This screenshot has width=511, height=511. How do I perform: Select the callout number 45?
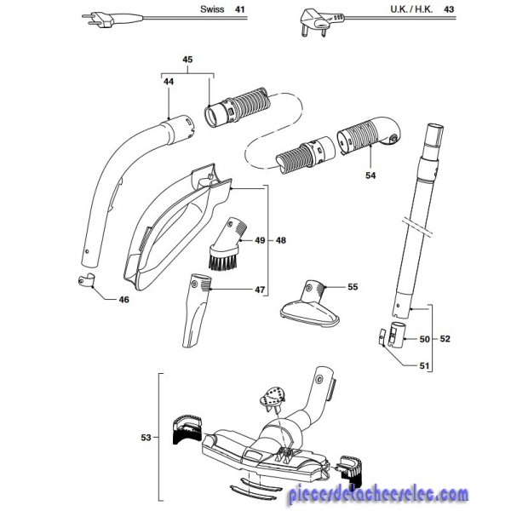(188, 59)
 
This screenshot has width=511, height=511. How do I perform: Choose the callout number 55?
(353, 288)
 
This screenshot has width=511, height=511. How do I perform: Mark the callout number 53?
(145, 438)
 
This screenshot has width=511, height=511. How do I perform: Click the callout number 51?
(425, 365)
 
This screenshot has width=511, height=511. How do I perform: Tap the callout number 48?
(282, 242)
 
